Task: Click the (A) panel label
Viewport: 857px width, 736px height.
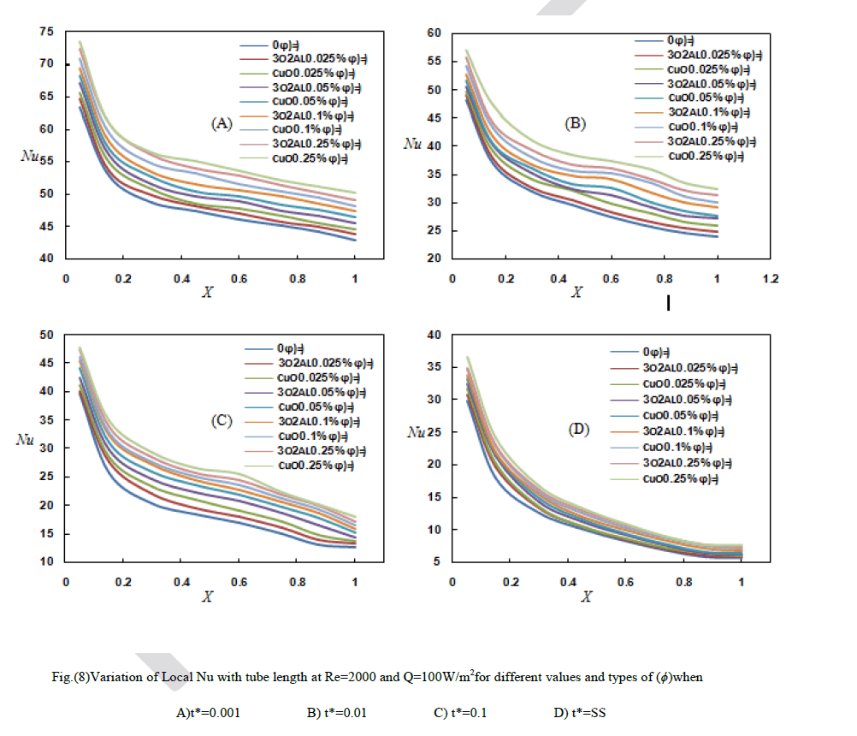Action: [222, 123]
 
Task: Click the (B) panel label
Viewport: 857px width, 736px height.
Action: [575, 123]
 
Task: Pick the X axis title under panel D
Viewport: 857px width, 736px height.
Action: [587, 597]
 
